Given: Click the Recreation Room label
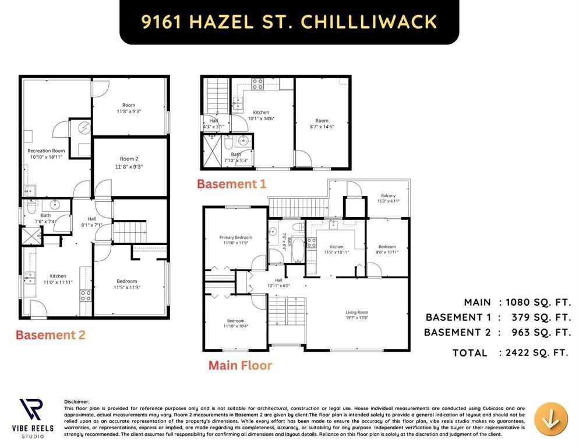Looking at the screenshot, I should (46, 153).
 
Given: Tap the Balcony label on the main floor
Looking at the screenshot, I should (389, 198).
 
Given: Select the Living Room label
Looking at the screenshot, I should (357, 314).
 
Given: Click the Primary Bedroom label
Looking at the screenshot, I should (235, 240).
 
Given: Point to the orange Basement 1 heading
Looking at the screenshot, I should (231, 184).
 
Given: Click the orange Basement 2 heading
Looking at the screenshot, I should (50, 335).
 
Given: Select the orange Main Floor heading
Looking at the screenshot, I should (240, 366).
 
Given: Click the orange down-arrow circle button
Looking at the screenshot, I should (550, 419).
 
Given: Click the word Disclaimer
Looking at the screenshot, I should (77, 401).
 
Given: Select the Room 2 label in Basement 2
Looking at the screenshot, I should (129, 162).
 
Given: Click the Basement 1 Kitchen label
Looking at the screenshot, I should (261, 115).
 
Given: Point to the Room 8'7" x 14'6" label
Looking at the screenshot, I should (322, 124).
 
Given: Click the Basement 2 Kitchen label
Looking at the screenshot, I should (58, 279).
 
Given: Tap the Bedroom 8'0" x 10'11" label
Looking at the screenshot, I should (387, 249).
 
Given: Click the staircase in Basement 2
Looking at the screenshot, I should (129, 232).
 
